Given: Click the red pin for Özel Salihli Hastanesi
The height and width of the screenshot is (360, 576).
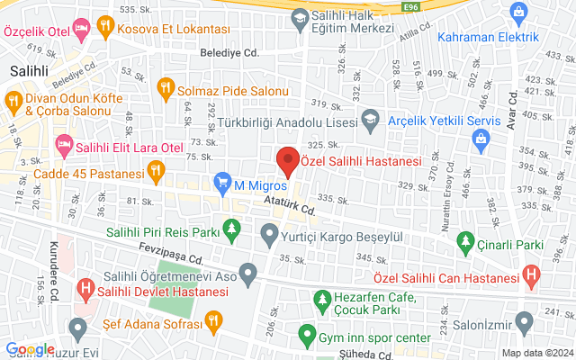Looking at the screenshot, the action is point(287,160).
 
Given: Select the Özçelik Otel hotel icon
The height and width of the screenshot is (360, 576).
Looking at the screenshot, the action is point(82,30).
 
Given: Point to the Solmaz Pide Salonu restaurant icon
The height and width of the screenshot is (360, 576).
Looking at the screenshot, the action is point(165,87).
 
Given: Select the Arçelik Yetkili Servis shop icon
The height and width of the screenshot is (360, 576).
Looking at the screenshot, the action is point(481,139).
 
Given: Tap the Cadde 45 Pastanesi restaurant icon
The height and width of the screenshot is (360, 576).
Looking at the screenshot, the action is point(157,168).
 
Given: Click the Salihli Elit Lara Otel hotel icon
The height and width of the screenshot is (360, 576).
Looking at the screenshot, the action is point(63,144).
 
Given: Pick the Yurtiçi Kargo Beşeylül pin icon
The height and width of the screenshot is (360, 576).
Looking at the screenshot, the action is point(268,238).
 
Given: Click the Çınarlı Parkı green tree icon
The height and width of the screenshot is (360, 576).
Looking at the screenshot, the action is point(465,241).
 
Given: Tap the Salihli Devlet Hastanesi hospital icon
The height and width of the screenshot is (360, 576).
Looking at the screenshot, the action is point(85,290).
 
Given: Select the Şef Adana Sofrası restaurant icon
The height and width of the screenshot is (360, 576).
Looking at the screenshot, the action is point(213,319).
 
